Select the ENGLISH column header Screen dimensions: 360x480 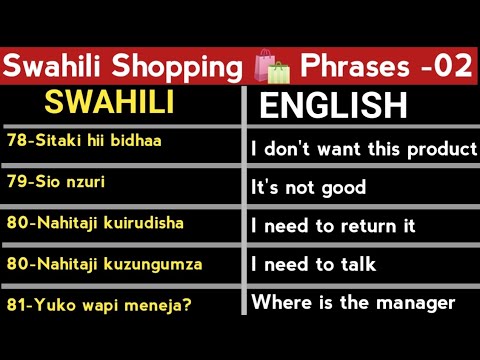pos(333,106)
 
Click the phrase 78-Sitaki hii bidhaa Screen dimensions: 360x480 pos(83,141)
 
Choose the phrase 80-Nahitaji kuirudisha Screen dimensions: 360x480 pos(94,222)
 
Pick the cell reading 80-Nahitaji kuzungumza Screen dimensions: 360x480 pos(103,264)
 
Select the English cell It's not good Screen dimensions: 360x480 pos(309,187)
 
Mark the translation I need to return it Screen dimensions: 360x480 pos(333,226)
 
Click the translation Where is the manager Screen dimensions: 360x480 pos(353,302)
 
